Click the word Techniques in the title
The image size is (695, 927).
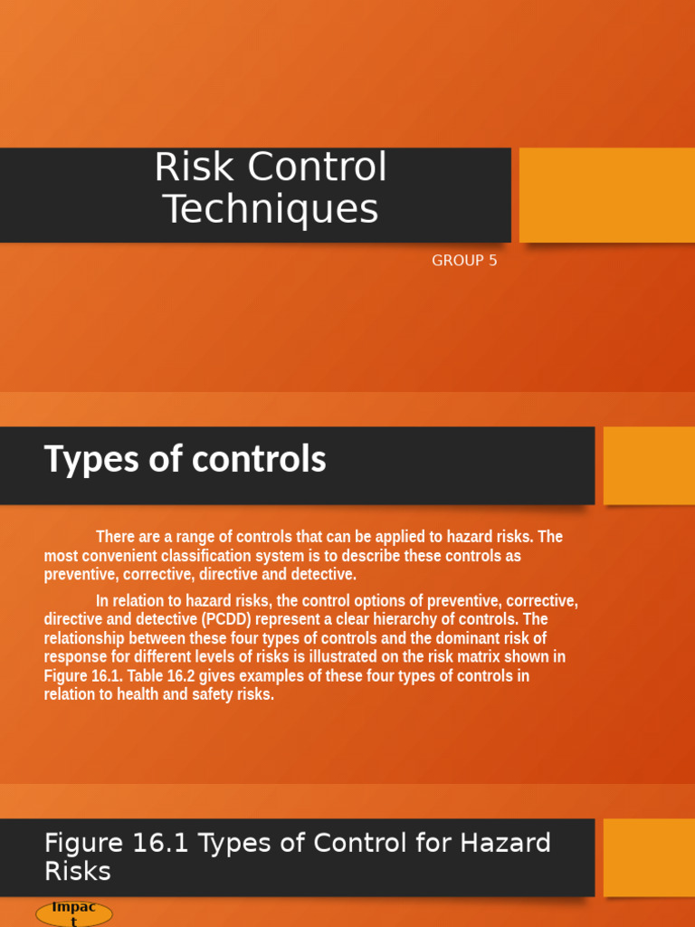point(271,210)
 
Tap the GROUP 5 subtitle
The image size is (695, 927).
point(464,261)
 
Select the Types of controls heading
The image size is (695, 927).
point(185,460)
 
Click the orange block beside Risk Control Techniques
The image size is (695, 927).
point(606,195)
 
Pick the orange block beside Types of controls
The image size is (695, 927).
point(648,465)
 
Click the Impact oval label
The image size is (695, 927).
point(73,913)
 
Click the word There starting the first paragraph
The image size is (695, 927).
point(116,537)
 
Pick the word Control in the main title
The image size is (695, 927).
point(316,168)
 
